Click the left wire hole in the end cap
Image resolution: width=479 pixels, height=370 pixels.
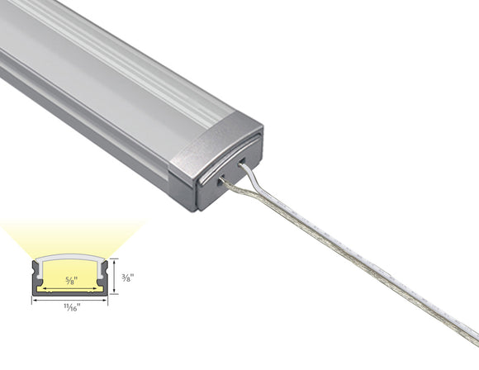[222, 177]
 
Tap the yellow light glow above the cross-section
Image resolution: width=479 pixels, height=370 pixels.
[69, 235]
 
